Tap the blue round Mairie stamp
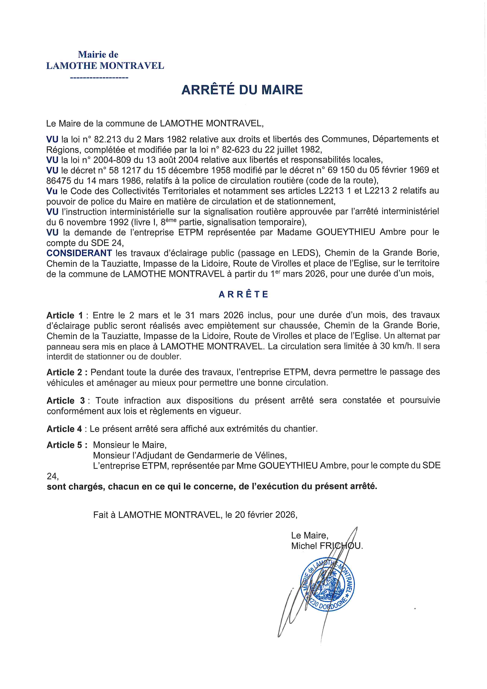pyautogui.click(x=328, y=585)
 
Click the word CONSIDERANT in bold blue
pyautogui.click(x=79, y=253)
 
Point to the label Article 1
pyautogui.click(x=65, y=315)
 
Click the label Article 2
pyautogui.click(x=67, y=372)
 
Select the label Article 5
pyautogui.click(x=67, y=445)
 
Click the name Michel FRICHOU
pyautogui.click(x=327, y=546)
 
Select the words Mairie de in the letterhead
pyautogui.click(x=98, y=55)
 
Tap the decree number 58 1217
pyautogui.click(x=123, y=170)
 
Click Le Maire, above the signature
pyautogui.click(x=309, y=535)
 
